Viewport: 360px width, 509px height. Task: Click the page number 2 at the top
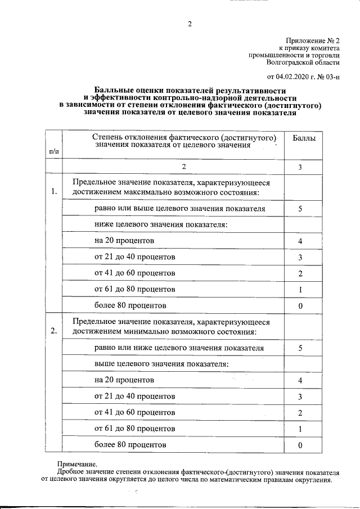190,24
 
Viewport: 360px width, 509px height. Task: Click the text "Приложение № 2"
313,41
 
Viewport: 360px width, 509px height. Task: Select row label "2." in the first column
53,330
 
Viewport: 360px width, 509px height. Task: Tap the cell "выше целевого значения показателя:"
154,364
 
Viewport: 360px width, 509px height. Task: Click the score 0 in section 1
300,305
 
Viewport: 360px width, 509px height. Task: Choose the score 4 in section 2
300,380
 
